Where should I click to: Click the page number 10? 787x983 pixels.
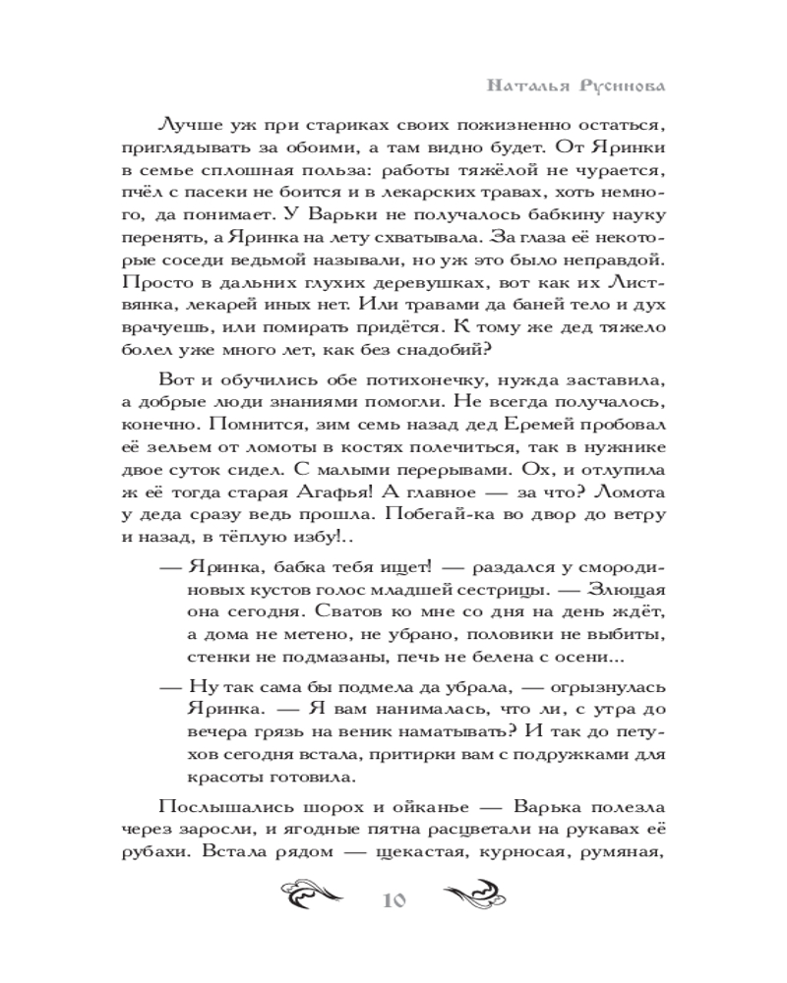click(393, 901)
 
